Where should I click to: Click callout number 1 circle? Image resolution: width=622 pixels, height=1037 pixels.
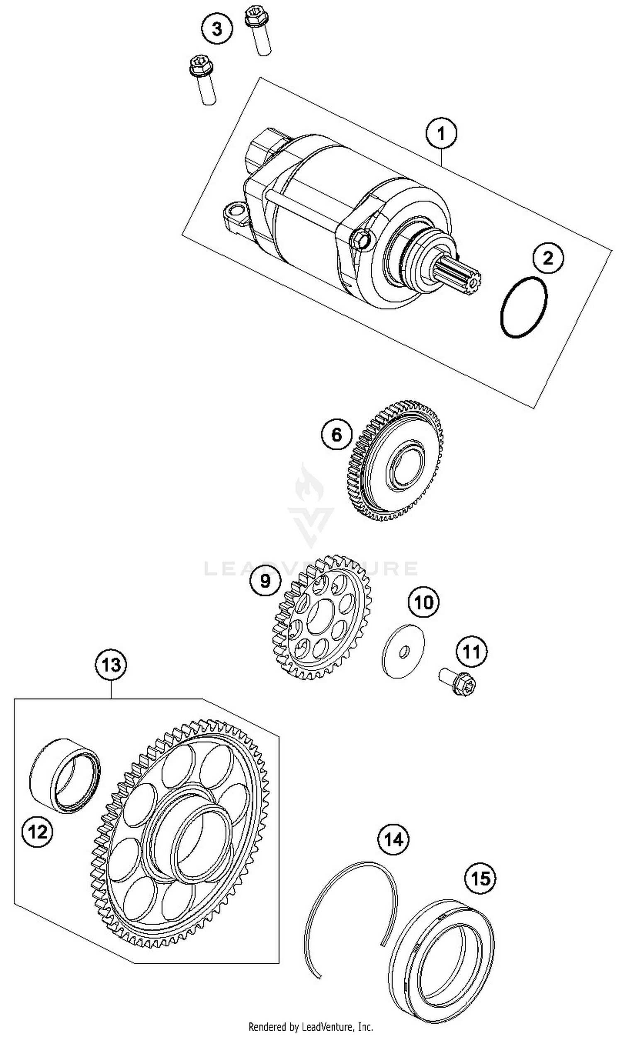[440, 134]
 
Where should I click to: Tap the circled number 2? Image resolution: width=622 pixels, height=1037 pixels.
[548, 258]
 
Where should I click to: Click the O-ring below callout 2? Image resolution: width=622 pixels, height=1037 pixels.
[524, 307]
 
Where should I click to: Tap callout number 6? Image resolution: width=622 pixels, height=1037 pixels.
[337, 435]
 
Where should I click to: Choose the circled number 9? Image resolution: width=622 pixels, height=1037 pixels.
[265, 581]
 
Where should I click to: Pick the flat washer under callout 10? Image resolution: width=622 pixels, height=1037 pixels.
[403, 651]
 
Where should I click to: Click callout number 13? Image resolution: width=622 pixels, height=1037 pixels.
[111, 665]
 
